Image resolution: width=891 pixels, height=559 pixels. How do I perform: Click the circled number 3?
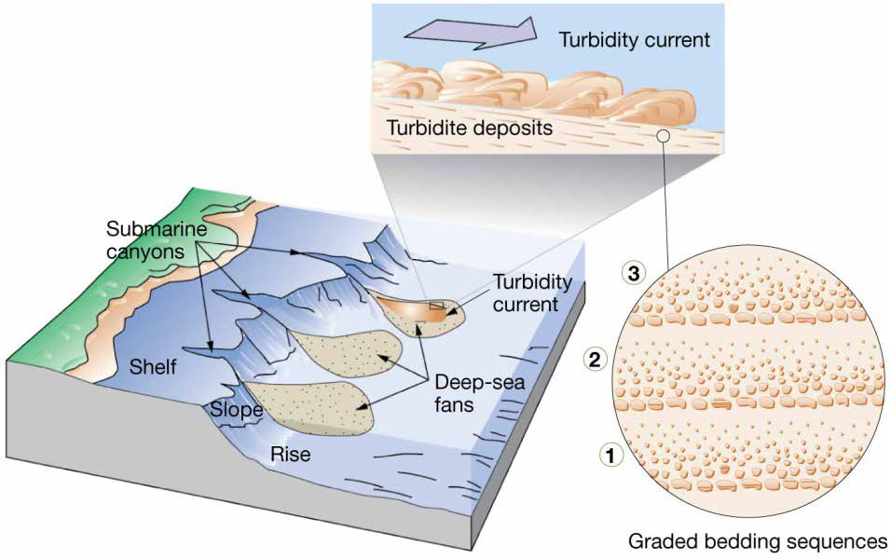633,274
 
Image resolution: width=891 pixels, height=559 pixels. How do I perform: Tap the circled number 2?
595,360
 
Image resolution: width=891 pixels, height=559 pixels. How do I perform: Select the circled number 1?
610,455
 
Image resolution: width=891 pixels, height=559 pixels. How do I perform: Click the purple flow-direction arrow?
471,33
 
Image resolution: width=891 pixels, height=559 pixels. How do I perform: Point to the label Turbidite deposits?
470,128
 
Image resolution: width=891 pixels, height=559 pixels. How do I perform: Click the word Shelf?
152,367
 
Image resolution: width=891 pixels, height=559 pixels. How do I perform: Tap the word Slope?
237,409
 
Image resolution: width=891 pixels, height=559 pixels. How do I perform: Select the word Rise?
291,454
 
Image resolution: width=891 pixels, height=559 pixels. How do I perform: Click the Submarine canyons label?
157,240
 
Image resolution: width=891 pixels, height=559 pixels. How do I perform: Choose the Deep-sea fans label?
480,393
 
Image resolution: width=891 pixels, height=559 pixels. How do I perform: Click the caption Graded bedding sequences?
758,541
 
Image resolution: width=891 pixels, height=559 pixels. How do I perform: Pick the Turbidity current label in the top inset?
634,40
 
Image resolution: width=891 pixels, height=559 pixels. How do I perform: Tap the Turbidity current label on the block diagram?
532,293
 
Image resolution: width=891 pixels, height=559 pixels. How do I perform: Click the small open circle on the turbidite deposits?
662,136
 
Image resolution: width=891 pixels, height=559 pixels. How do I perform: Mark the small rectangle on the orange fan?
436,306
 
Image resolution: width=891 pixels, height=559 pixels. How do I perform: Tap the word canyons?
145,252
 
